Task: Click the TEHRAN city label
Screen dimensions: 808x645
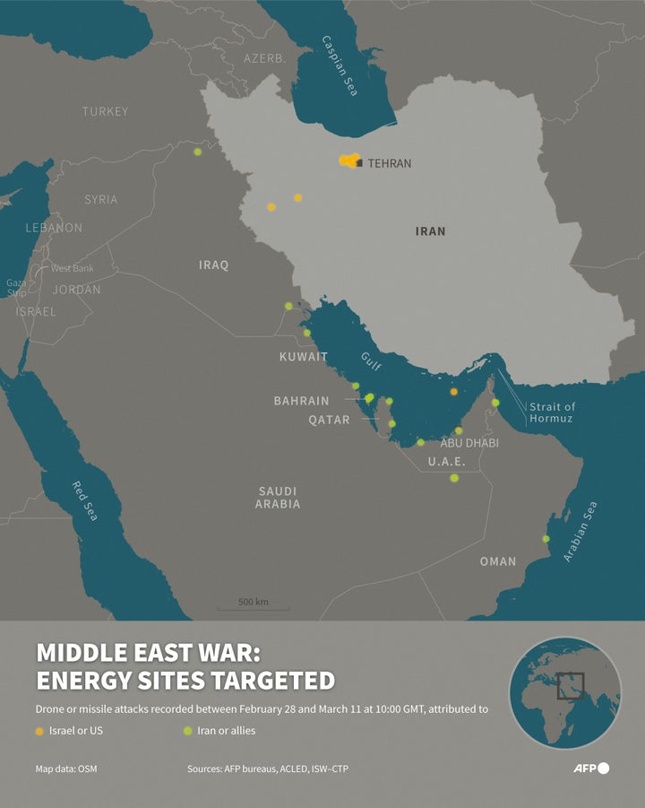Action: coord(390,164)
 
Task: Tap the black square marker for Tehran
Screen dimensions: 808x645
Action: coord(359,164)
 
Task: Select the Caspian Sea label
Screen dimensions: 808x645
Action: coord(340,66)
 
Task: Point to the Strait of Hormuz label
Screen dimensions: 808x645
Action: coord(552,413)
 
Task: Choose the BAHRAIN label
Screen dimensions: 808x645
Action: coord(301,401)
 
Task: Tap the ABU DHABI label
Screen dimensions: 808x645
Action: coord(469,443)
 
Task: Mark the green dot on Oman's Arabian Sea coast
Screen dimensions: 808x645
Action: coord(546,539)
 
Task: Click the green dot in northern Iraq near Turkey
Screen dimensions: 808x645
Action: coord(197,152)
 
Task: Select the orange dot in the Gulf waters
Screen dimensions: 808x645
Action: coord(454,391)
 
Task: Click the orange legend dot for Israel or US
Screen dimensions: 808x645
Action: coord(39,731)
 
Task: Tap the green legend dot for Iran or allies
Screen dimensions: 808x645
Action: coord(187,731)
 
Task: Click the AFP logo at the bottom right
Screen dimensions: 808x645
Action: coord(590,769)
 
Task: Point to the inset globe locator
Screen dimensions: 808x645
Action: coord(565,692)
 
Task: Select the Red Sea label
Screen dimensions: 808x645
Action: coord(84,500)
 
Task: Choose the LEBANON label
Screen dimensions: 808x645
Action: coord(53,228)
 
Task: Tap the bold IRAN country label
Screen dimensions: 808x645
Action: coord(430,231)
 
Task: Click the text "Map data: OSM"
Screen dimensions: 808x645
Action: coord(67,769)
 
